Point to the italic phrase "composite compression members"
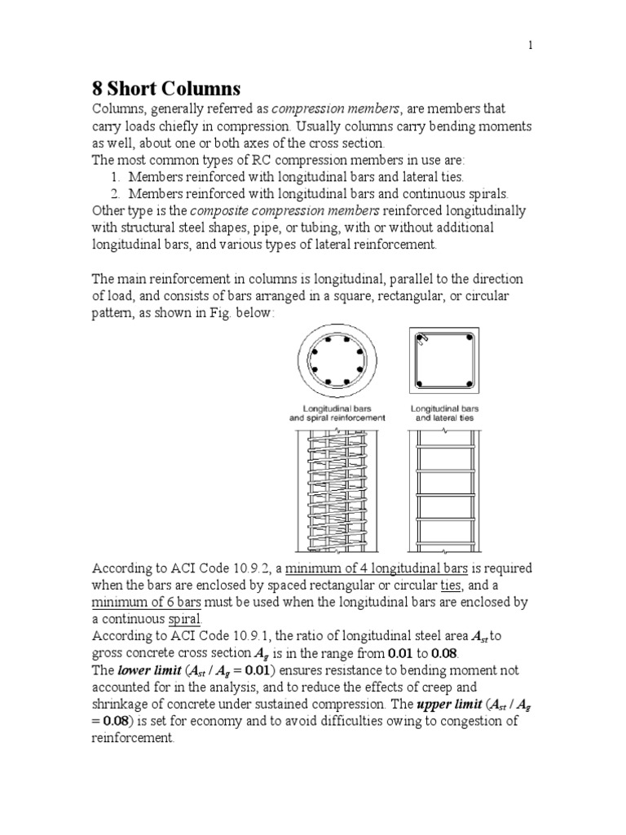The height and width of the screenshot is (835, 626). tap(257, 210)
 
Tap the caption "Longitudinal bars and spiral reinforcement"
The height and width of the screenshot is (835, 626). tap(337, 413)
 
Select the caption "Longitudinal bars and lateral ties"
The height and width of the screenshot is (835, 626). tap(444, 413)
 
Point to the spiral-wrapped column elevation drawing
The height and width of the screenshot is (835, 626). tap(337, 489)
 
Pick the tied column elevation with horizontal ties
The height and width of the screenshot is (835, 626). tap(444, 489)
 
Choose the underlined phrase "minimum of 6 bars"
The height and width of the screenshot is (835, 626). tap(143, 602)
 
